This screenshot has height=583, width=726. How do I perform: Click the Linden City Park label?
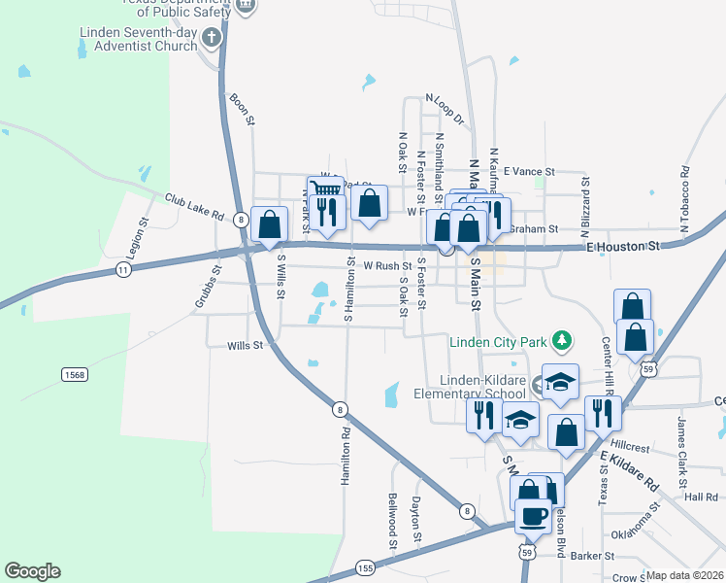tap(497, 341)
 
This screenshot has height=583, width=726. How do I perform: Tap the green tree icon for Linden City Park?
tap(560, 341)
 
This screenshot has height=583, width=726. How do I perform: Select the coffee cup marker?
tap(533, 516)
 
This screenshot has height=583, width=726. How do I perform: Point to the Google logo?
tap(32, 571)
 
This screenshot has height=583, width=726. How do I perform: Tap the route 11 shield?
tap(122, 269)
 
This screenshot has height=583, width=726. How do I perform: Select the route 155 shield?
tap(365, 566)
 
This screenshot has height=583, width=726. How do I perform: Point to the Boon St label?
tap(242, 109)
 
